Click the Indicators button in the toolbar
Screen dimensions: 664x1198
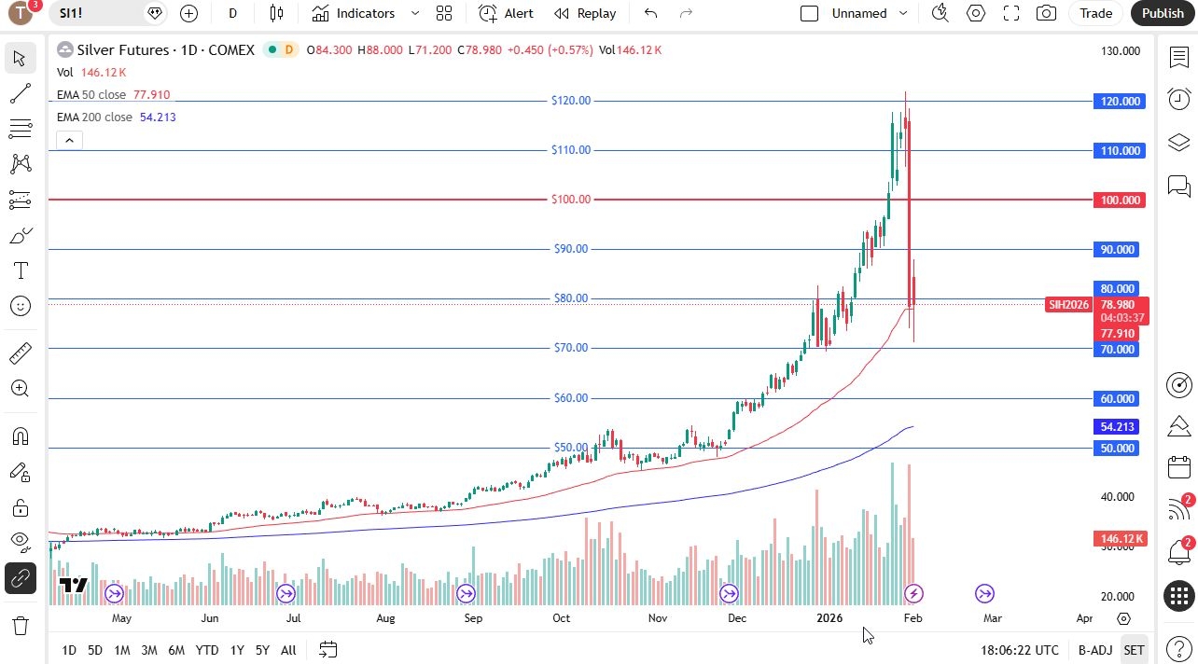(354, 13)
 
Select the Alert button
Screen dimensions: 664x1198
(507, 13)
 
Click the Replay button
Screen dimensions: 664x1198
(585, 13)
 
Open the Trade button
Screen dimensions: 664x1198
(1095, 13)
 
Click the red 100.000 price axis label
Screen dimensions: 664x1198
(1119, 201)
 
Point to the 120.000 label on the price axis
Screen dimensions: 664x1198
(1119, 102)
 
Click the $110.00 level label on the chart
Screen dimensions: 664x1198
(571, 150)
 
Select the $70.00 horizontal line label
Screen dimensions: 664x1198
(571, 348)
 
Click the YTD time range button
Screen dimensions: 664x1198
(206, 650)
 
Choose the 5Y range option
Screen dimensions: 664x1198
(262, 650)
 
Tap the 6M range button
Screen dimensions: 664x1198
(176, 650)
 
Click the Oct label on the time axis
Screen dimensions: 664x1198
(561, 618)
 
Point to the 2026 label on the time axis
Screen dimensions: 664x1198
(829, 618)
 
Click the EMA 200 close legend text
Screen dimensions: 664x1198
(94, 118)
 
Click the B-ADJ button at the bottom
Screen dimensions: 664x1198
(1094, 650)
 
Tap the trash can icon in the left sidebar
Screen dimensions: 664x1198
(20, 625)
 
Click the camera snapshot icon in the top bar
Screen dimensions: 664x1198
(1046, 13)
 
